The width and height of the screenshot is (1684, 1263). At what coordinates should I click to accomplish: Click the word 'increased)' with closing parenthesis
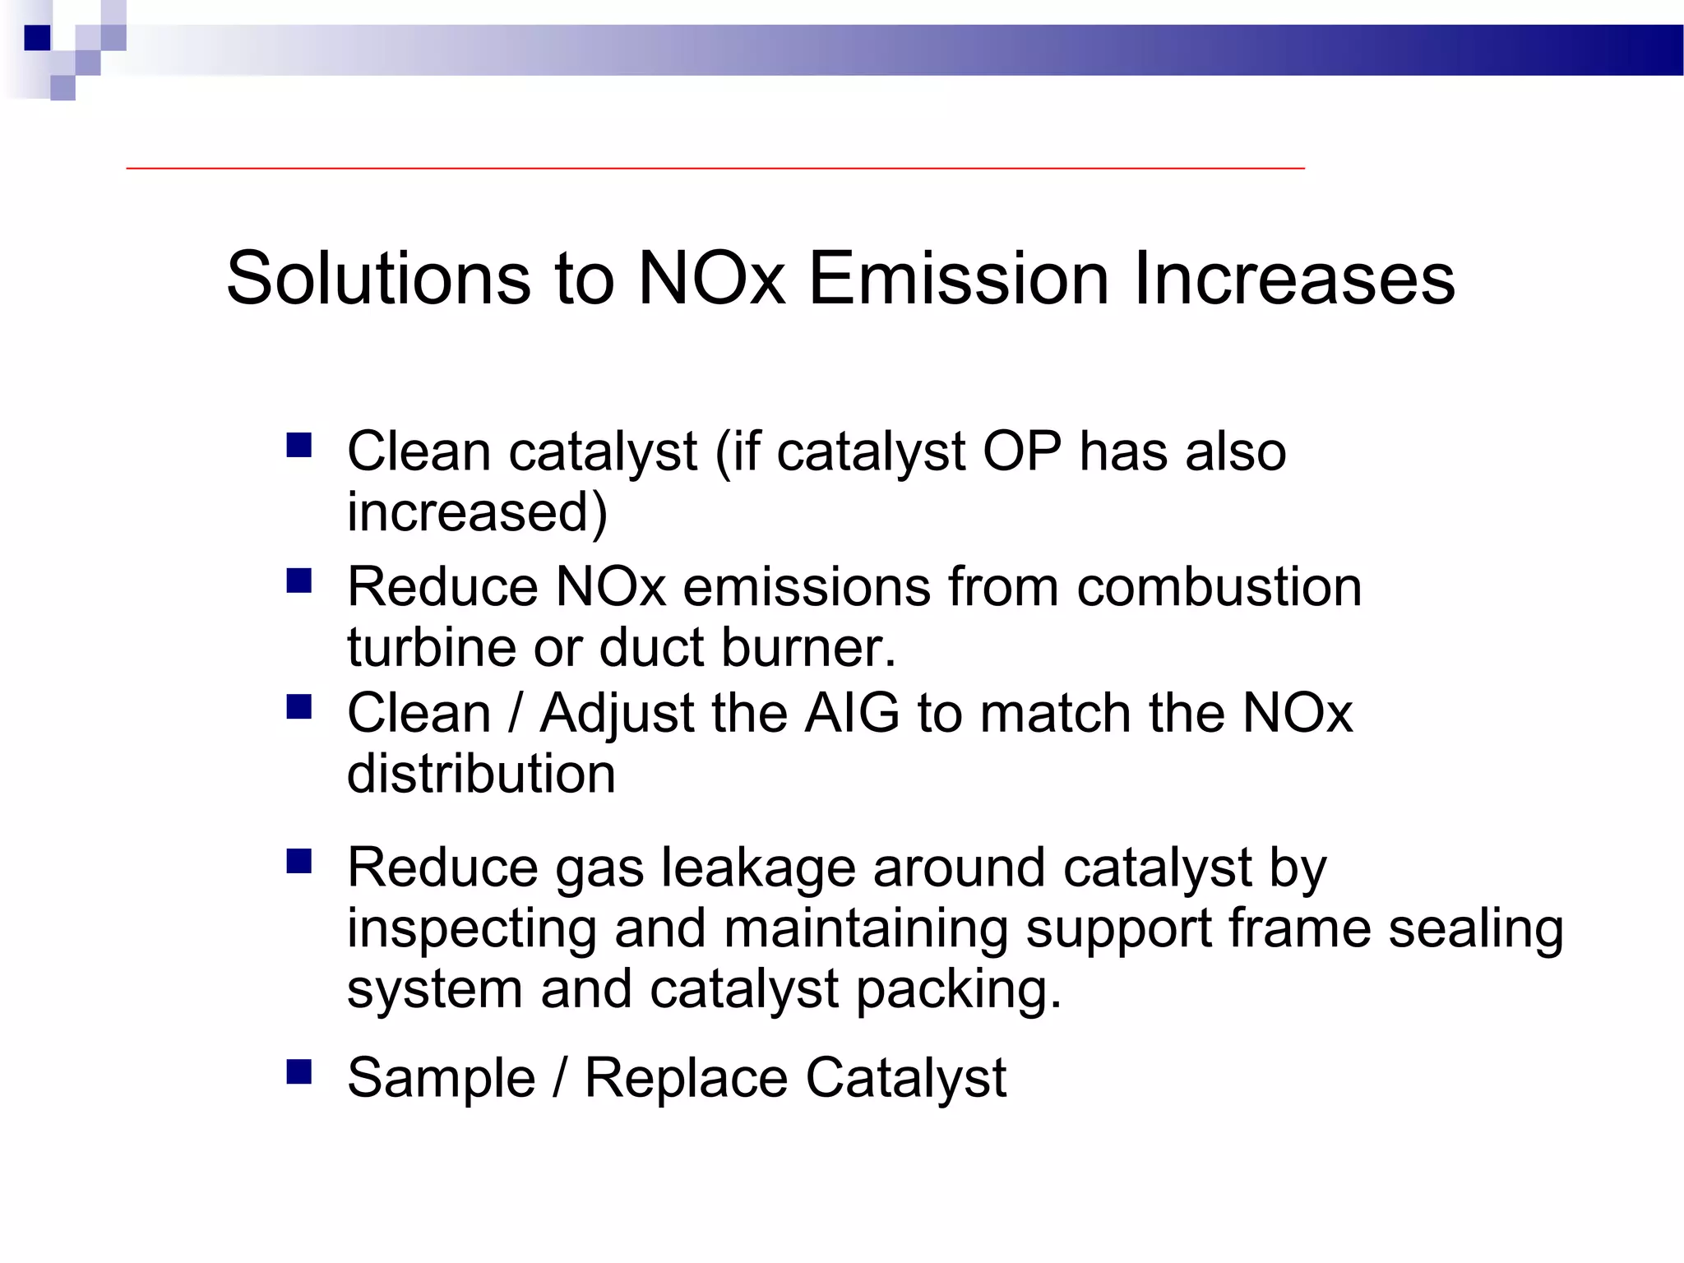pyautogui.click(x=477, y=511)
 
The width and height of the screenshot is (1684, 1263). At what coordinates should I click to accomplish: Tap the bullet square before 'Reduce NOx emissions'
pyautogui.click(x=298, y=581)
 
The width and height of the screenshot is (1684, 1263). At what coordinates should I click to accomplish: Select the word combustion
pyautogui.click(x=1219, y=586)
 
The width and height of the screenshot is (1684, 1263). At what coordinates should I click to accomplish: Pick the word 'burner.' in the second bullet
pyautogui.click(x=808, y=647)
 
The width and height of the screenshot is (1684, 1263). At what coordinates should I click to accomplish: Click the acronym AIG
pyautogui.click(x=852, y=712)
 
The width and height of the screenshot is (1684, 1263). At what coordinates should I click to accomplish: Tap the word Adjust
pyautogui.click(x=618, y=714)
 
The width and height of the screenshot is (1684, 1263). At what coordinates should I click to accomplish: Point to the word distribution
pyautogui.click(x=481, y=773)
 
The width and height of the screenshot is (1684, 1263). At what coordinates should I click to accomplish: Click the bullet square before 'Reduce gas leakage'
pyautogui.click(x=298, y=862)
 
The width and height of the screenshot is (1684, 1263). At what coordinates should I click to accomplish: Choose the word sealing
pyautogui.click(x=1476, y=929)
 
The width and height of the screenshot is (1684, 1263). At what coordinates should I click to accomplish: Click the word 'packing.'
pyautogui.click(x=959, y=990)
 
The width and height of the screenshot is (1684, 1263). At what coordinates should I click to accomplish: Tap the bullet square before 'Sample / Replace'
pyautogui.click(x=298, y=1071)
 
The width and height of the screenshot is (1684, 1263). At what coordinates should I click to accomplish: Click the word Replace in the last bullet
pyautogui.click(x=686, y=1077)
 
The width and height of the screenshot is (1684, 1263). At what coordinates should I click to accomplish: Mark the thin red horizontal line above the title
pyautogui.click(x=715, y=168)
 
